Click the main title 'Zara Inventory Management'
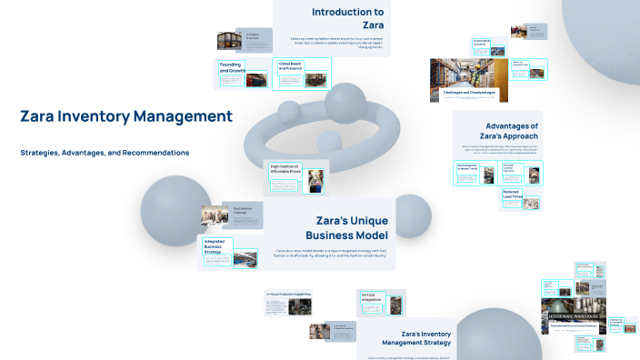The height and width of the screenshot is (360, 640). [126, 116]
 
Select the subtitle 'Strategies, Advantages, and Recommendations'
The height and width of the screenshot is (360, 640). [105, 153]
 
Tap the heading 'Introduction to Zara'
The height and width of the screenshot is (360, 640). [347, 19]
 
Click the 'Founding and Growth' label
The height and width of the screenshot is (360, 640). [232, 66]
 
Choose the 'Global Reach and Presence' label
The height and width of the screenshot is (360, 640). [291, 65]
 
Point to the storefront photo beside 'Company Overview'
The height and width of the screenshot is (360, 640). [228, 41]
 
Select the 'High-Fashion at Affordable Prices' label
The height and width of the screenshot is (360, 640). [286, 168]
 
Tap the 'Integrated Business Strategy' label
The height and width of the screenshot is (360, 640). [215, 245]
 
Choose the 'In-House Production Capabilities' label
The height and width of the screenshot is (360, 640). [289, 295]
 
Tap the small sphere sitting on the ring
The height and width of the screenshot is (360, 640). [329, 141]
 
